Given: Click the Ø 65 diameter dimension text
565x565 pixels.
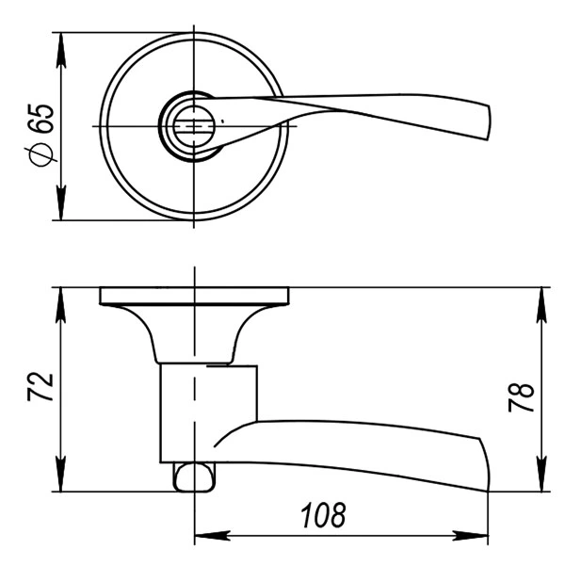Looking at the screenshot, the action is point(41,135).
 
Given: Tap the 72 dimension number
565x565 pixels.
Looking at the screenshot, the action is point(40,386).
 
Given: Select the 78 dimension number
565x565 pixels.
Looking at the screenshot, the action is point(521,397).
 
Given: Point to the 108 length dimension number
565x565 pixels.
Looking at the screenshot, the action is point(323,515).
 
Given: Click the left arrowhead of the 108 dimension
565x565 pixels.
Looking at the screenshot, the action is point(212,536).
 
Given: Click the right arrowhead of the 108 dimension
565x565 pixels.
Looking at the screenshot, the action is point(470,536).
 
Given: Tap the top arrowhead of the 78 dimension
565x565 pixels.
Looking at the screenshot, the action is point(541,305).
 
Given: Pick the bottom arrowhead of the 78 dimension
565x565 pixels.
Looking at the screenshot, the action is point(541,474).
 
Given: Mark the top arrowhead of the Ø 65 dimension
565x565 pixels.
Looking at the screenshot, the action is point(61,51).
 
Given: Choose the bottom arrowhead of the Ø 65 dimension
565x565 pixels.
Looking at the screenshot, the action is point(61,202).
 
